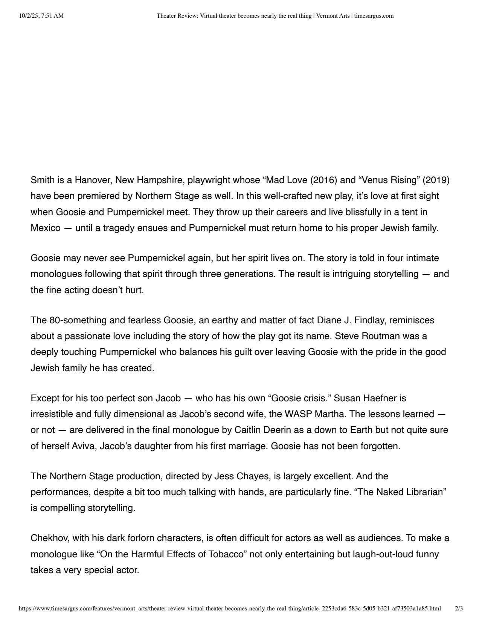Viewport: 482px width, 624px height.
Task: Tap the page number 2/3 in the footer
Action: click(x=459, y=609)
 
